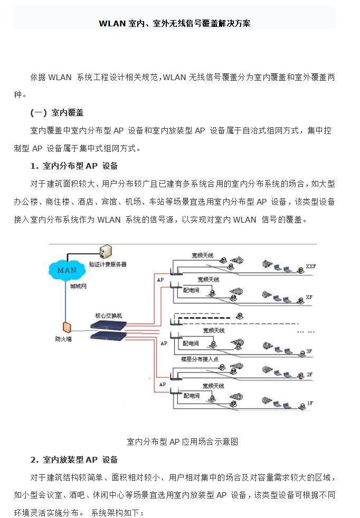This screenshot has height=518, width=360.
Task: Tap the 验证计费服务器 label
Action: point(108,264)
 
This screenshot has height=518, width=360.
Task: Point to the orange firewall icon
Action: point(67,328)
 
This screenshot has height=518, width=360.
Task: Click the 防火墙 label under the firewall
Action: point(63,339)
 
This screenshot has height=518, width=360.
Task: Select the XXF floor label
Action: point(310,267)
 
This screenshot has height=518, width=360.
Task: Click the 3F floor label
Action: point(310,351)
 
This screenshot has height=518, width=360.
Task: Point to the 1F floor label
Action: point(310,403)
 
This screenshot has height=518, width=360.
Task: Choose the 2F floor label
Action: point(310,374)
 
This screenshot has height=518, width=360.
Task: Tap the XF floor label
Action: point(309,297)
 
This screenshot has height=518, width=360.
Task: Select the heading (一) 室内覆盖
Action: point(57,113)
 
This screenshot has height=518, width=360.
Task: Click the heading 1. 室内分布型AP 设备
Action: point(74,166)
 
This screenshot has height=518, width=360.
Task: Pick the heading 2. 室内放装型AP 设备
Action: point(74,459)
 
